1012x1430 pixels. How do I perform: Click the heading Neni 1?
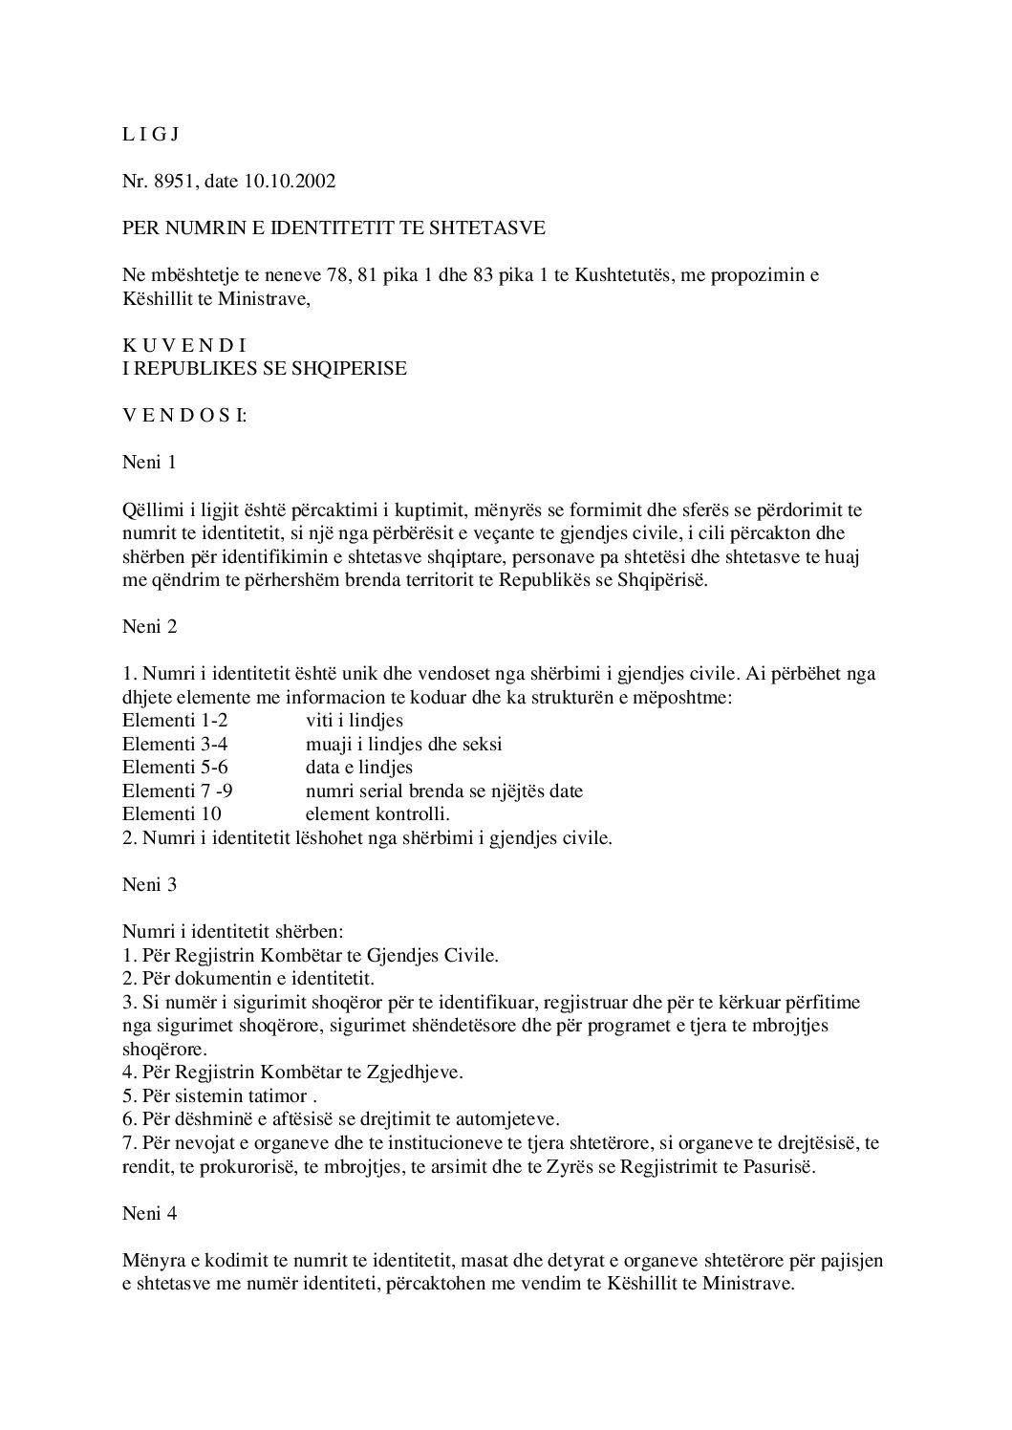coord(150,463)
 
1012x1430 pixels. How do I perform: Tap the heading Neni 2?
coord(150,627)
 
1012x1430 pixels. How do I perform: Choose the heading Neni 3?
coord(150,884)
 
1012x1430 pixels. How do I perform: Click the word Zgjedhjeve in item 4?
coord(415,1072)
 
